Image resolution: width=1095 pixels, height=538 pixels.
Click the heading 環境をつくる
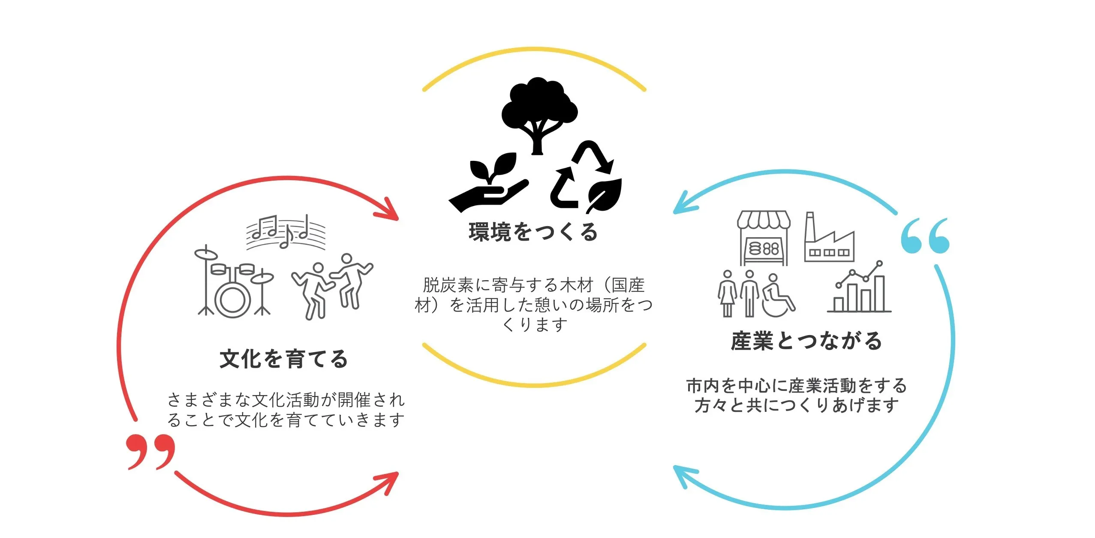click(x=533, y=232)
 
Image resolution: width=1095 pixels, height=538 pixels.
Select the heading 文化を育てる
click(x=283, y=359)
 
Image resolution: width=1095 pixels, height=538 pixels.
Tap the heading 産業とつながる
click(x=806, y=341)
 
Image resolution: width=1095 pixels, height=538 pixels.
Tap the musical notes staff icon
click(x=286, y=232)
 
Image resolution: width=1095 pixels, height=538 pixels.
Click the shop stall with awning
click(x=764, y=238)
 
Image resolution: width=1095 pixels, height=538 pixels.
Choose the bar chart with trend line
click(x=859, y=286)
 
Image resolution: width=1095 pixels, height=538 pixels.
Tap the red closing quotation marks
click(x=151, y=451)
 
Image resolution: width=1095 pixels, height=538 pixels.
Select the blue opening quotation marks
click(x=925, y=236)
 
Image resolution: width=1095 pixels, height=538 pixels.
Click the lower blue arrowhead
click(x=685, y=476)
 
